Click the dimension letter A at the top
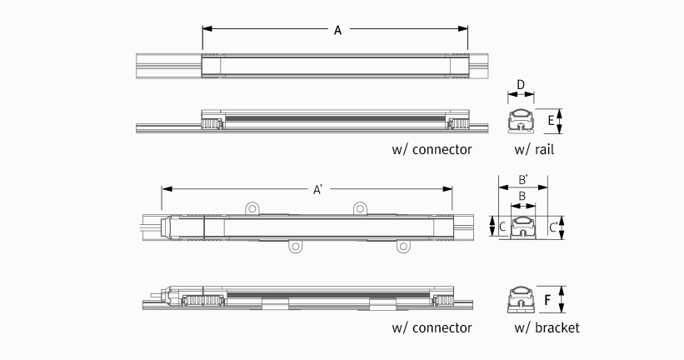pos(337,30)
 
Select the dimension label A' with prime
pos(317,190)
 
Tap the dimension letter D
pos(521,85)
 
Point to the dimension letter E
pos(551,120)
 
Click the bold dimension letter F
pos(547,300)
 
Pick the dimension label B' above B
pos(523,179)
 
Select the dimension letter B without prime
pos(522,197)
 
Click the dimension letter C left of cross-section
pos(502,227)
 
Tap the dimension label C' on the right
pos(553,227)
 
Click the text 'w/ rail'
pos(534,150)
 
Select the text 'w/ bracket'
pos(547,327)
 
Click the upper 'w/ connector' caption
pos(432,150)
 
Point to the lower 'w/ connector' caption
pos(432,327)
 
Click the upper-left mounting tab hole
pos(252,208)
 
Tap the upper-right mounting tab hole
pos(360,208)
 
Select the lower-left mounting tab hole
pos(295,247)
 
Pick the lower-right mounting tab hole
pos(403,247)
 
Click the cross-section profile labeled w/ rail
pos(521,121)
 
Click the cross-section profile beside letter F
pos(521,299)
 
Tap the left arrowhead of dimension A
pos(207,29)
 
